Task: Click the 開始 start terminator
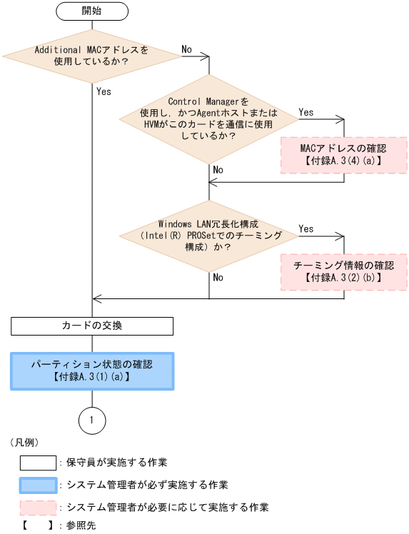click(91, 11)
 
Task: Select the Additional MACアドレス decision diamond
click(91, 56)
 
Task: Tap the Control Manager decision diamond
click(208, 118)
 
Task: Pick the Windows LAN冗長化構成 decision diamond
click(208, 234)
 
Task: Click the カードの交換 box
click(92, 326)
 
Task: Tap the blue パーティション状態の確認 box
click(92, 371)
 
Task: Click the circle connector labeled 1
click(92, 420)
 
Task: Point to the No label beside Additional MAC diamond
click(187, 49)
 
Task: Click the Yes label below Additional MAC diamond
click(103, 91)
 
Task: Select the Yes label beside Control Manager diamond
click(306, 112)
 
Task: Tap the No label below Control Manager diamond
click(218, 170)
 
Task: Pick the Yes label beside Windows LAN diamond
click(306, 228)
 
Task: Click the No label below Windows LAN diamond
click(218, 277)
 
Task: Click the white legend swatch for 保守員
click(38, 463)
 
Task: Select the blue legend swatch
click(38, 485)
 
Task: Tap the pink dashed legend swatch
click(38, 507)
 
